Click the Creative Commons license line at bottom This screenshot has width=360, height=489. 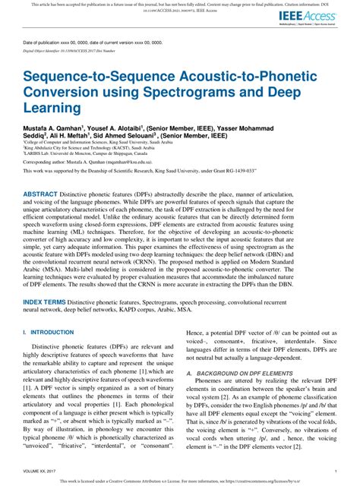click(179, 481)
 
